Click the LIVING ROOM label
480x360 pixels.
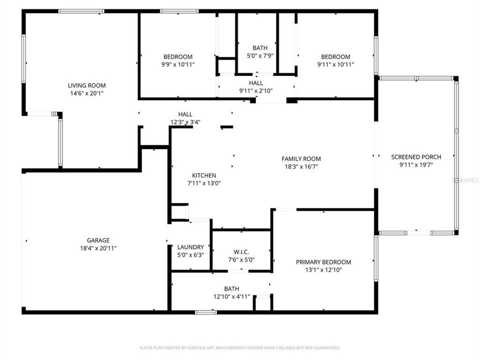click(86, 85)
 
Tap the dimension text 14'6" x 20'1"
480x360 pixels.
click(86, 93)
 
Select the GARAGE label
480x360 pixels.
click(97, 240)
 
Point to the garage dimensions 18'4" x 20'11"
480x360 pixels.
click(97, 248)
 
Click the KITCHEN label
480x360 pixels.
click(204, 175)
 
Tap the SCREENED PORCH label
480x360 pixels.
click(416, 157)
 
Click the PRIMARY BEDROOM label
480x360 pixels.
click(323, 262)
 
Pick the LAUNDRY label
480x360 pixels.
click(190, 247)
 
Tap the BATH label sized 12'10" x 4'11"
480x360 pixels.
click(231, 289)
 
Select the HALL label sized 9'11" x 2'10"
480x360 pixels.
click(255, 83)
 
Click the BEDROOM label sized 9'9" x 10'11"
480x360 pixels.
click(177, 56)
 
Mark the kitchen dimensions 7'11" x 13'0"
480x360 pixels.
click(204, 183)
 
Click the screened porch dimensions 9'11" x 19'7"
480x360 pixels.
click(416, 165)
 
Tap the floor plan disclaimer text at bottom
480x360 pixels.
click(240, 347)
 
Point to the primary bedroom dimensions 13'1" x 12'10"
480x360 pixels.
click(323, 270)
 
